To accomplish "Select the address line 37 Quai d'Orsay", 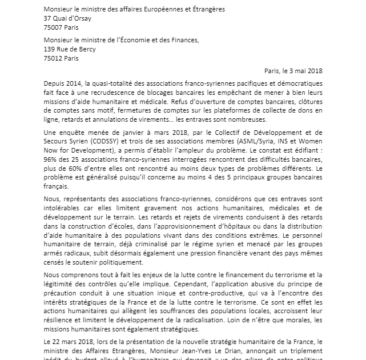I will pyautogui.click(x=67, y=17).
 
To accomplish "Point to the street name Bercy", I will pyautogui.click(x=107, y=49).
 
